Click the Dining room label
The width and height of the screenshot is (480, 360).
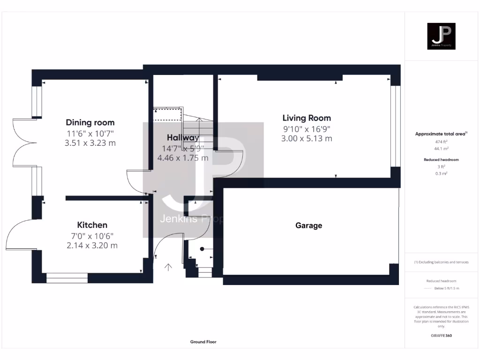(90, 123)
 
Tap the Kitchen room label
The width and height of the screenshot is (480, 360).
(92, 225)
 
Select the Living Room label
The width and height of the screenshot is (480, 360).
(307, 118)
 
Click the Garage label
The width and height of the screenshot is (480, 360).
(308, 225)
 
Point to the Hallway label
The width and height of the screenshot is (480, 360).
(183, 138)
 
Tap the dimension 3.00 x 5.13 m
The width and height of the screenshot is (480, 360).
(307, 138)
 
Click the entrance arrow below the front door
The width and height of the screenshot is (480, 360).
(168, 267)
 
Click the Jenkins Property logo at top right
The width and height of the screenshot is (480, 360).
(441, 36)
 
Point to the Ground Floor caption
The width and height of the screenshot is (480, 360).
(203, 342)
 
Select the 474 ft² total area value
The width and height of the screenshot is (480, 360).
(441, 141)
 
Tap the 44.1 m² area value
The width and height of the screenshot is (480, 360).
(441, 148)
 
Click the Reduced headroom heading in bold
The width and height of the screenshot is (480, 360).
(441, 160)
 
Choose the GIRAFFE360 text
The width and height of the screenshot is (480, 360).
(441, 336)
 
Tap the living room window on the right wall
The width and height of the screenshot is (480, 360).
(396, 126)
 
